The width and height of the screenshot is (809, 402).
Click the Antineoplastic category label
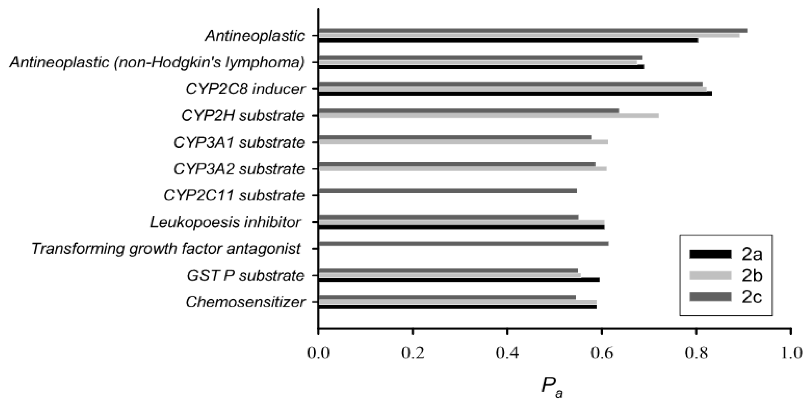(x=255, y=36)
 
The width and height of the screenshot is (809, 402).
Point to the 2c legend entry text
(x=752, y=297)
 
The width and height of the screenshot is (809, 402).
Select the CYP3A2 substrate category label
(x=239, y=169)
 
